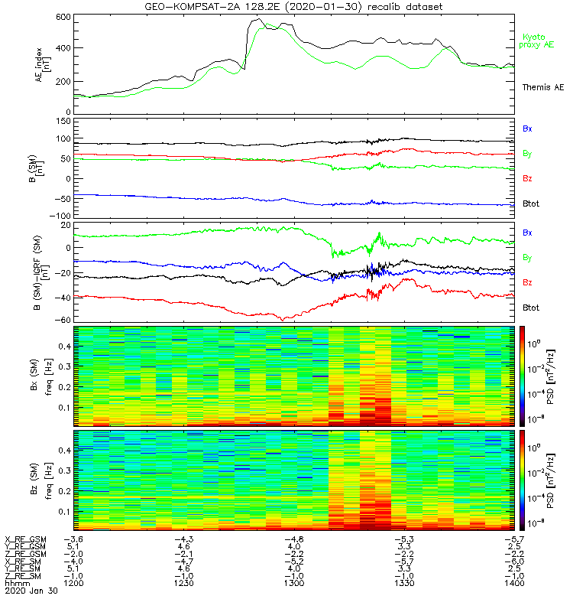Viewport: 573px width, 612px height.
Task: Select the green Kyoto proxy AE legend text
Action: tap(539, 41)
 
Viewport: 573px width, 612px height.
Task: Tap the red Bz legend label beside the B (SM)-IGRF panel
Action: tap(527, 283)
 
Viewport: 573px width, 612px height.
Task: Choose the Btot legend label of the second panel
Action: tap(530, 203)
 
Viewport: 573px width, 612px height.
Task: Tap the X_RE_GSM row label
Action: tap(26, 540)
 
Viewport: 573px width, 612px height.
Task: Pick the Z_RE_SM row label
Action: tap(24, 575)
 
